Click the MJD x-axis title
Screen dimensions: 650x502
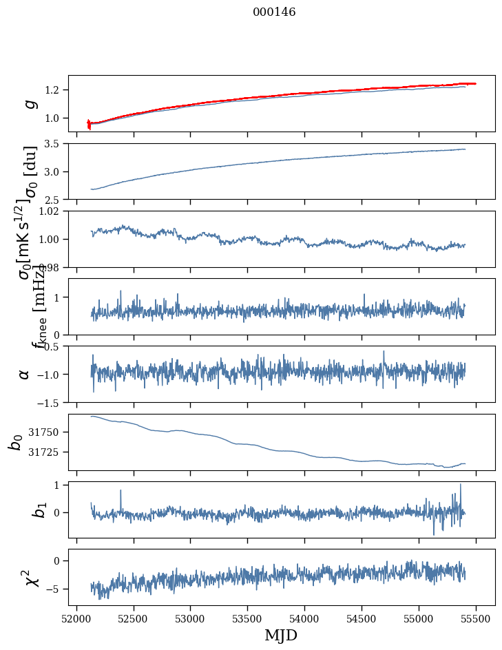(x=281, y=635)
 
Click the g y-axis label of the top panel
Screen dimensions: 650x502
(x=30, y=104)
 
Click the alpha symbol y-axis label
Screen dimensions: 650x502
(x=25, y=374)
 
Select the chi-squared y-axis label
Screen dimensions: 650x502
(x=26, y=578)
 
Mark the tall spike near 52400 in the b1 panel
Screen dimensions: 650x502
(x=121, y=491)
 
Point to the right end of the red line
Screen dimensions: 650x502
(x=475, y=83)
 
